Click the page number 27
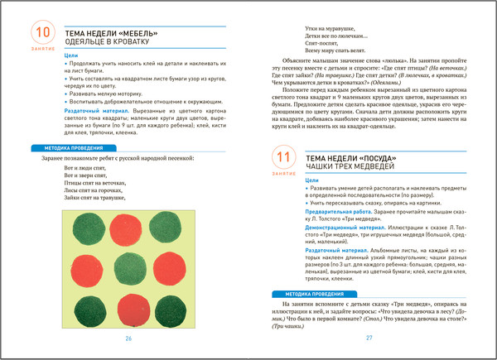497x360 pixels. [x=369, y=338]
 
